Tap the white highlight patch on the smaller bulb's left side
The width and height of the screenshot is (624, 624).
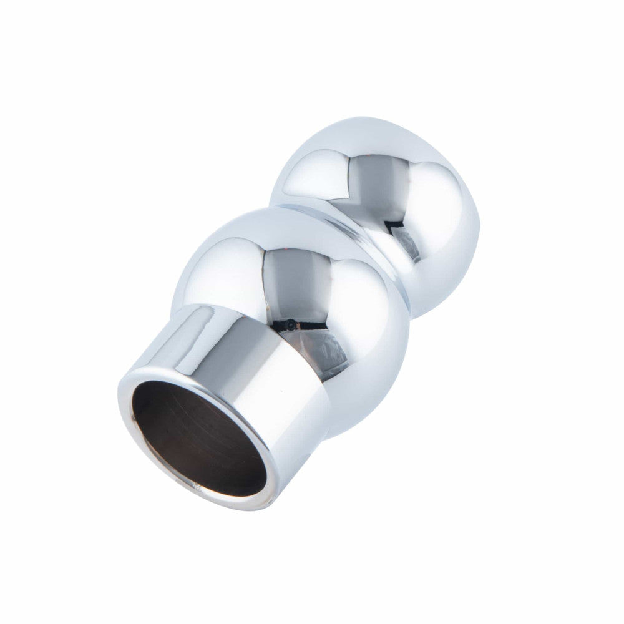click(x=312, y=168)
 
